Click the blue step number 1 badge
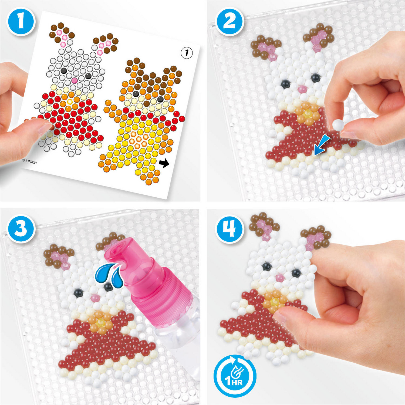[21, 21]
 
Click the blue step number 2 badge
[230, 21]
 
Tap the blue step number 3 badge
[21, 229]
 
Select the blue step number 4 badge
[230, 229]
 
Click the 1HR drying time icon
[235, 376]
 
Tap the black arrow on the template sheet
[164, 163]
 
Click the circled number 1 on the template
[187, 53]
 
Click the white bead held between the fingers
[338, 125]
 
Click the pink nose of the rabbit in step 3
[95, 298]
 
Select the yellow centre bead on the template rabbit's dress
[70, 102]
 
